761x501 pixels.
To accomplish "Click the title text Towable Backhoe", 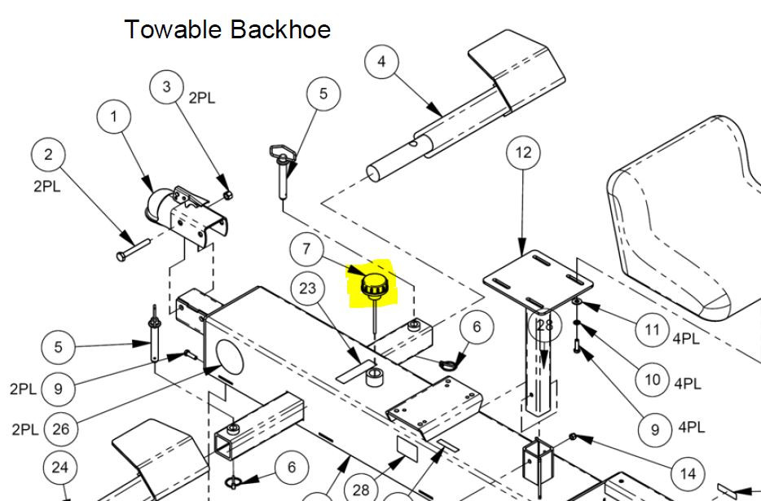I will (x=227, y=30).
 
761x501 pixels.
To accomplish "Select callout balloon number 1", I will (x=114, y=116).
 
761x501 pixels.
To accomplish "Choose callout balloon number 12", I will (x=523, y=152).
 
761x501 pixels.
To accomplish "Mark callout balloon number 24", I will (x=59, y=468).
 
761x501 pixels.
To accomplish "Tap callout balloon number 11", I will (x=651, y=329).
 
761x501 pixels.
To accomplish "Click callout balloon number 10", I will (x=652, y=379).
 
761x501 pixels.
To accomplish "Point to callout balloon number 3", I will (x=167, y=87).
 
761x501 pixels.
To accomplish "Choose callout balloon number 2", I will (x=48, y=155).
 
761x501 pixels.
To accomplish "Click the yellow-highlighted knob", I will (x=376, y=285).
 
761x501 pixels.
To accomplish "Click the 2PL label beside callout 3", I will (x=202, y=99).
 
